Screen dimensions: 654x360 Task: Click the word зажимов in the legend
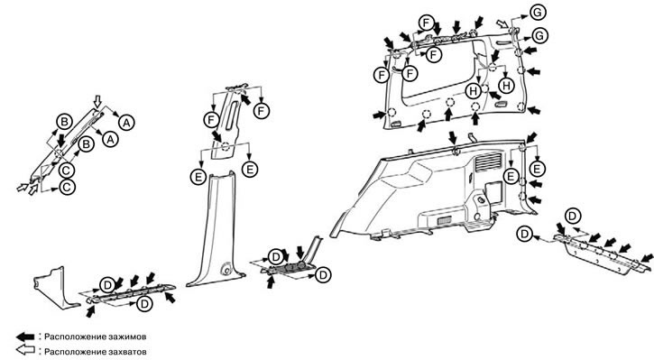[x=128, y=337]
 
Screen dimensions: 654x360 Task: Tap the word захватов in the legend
[x=127, y=352]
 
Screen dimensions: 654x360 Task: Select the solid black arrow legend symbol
[x=25, y=337]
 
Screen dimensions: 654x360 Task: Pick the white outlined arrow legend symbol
[x=25, y=350]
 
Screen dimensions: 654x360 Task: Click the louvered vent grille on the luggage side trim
[x=488, y=162]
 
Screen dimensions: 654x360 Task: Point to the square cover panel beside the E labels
[x=493, y=192]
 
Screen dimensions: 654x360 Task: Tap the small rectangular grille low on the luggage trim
[x=444, y=220]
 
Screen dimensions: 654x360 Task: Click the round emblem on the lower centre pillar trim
[x=227, y=269]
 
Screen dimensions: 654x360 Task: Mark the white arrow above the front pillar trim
[x=97, y=101]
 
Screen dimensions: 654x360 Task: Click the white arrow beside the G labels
[x=502, y=23]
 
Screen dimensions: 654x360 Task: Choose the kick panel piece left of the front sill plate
[x=55, y=289]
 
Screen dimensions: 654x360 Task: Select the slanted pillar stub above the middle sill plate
[x=315, y=248]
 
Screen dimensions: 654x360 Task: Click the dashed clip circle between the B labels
[x=60, y=152]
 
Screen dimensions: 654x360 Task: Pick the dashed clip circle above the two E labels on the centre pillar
[x=226, y=146]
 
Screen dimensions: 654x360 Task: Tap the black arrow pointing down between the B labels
[x=61, y=140]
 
